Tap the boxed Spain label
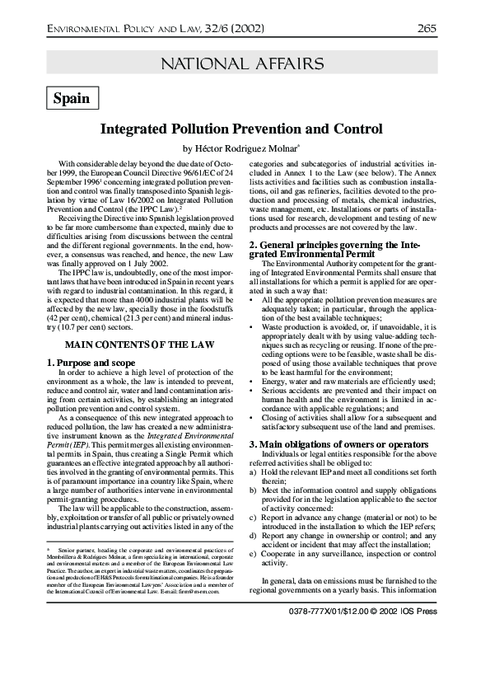point(72,98)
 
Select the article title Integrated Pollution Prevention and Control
point(241,129)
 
